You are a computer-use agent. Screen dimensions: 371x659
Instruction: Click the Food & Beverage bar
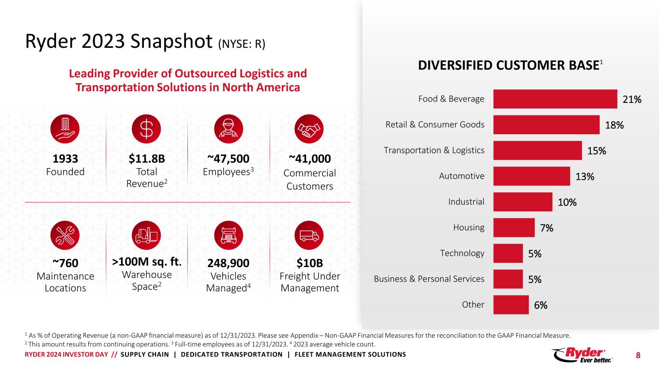[x=555, y=99]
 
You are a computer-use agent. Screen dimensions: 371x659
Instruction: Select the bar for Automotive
[x=532, y=176]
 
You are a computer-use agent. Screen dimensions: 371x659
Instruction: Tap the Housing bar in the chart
[x=514, y=228]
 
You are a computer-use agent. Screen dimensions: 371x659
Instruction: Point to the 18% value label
[x=614, y=125]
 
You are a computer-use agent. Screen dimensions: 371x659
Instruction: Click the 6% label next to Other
[x=541, y=305]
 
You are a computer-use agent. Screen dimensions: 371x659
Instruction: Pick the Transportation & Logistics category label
[x=434, y=150]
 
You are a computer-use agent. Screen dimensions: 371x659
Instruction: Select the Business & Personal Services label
[x=429, y=279]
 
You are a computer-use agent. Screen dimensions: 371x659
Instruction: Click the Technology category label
[x=462, y=253]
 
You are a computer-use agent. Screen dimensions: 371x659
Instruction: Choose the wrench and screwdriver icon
[x=65, y=236]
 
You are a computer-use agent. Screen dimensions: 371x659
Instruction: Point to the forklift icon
[x=146, y=236]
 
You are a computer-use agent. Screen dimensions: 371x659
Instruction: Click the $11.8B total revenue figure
[x=146, y=159]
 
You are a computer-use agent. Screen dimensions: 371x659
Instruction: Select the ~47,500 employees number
[x=228, y=159]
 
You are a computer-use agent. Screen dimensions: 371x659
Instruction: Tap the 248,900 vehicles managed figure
[x=228, y=263]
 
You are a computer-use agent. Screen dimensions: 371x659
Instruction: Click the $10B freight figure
[x=309, y=263]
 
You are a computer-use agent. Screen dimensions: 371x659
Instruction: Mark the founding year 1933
[x=65, y=159]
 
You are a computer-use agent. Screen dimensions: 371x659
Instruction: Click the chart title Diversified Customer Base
[x=509, y=66]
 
